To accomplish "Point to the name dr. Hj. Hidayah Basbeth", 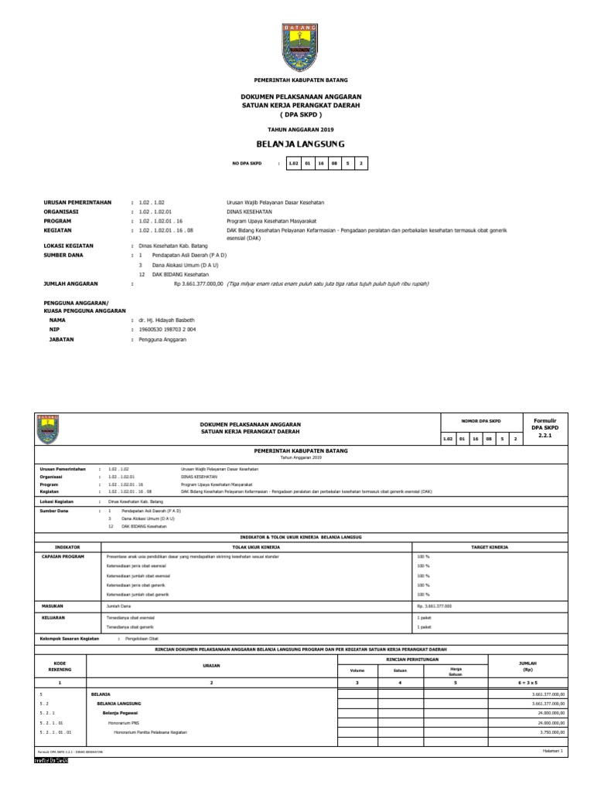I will click(166, 320).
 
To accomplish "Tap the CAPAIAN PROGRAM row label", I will click(63, 556).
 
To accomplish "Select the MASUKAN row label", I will click(52, 607).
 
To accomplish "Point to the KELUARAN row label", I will click(53, 618).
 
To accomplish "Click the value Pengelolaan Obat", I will click(142, 640).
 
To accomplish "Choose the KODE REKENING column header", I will click(60, 667).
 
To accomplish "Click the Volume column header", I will click(357, 670).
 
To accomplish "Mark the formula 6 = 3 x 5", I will click(531, 684).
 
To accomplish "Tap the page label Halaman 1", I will click(552, 751).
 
